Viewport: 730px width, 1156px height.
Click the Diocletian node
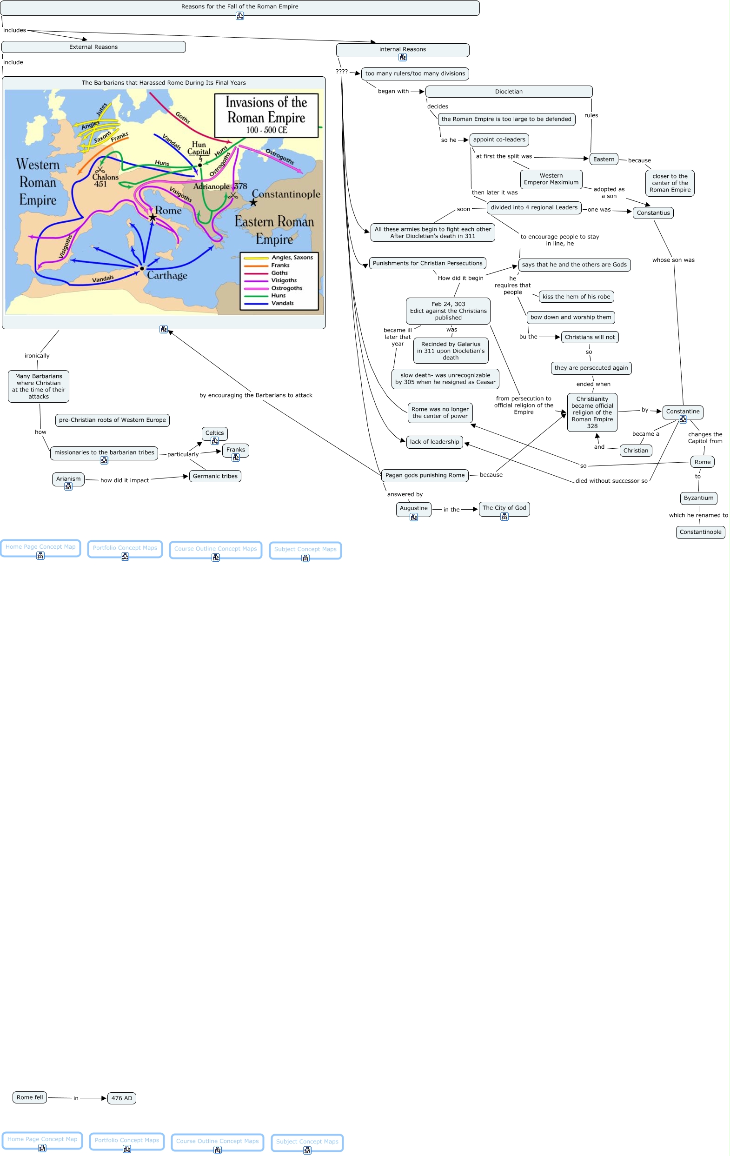pos(508,92)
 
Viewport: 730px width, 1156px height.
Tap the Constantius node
pos(653,213)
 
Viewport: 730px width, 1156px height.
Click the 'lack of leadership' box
pos(434,442)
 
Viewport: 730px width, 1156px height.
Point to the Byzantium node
pos(698,498)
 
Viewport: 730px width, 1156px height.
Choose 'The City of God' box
pos(504,508)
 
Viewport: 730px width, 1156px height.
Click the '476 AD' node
pos(121,1098)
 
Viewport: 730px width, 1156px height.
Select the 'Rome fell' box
pos(30,1097)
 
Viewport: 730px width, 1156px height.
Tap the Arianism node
pos(68,478)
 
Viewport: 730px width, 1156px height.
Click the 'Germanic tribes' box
pos(215,476)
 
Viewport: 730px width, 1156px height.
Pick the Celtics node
pos(214,433)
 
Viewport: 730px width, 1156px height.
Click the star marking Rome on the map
pos(153,218)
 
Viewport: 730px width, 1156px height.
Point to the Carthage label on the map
pos(167,275)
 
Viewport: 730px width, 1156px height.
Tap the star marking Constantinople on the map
pos(253,203)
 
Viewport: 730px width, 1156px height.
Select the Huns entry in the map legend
pos(279,296)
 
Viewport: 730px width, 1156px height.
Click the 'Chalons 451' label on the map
pos(105,180)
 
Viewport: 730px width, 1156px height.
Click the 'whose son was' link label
pos(673,260)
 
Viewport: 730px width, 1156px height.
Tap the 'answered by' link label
pos(405,494)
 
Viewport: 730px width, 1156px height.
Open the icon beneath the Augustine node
pos(414,517)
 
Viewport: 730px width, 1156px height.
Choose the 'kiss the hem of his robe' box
pos(576,297)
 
